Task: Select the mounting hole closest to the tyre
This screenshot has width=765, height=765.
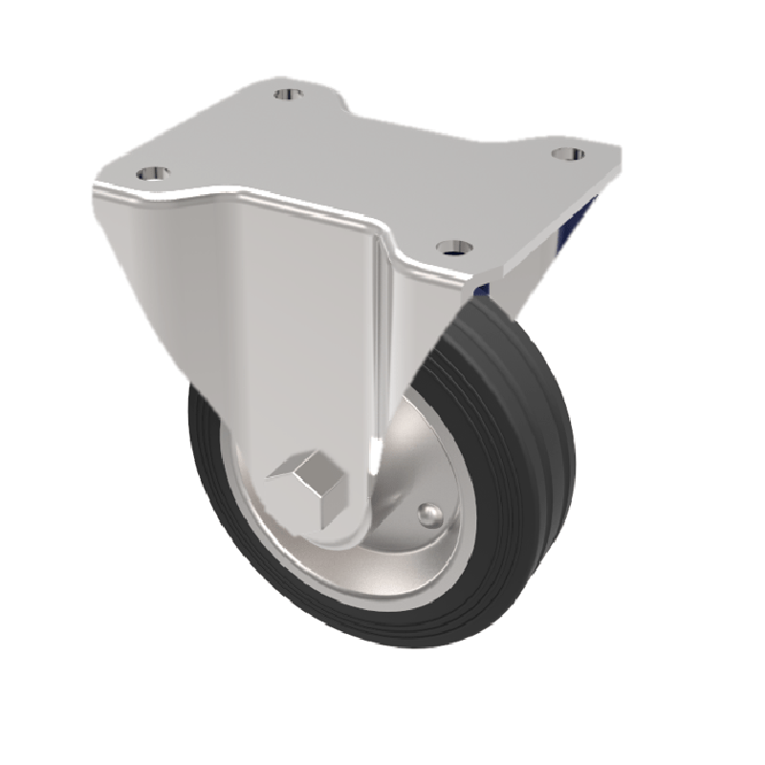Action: (x=453, y=248)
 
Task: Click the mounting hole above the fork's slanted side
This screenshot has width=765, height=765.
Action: (x=152, y=174)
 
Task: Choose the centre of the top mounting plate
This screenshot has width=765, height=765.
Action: (x=373, y=163)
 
